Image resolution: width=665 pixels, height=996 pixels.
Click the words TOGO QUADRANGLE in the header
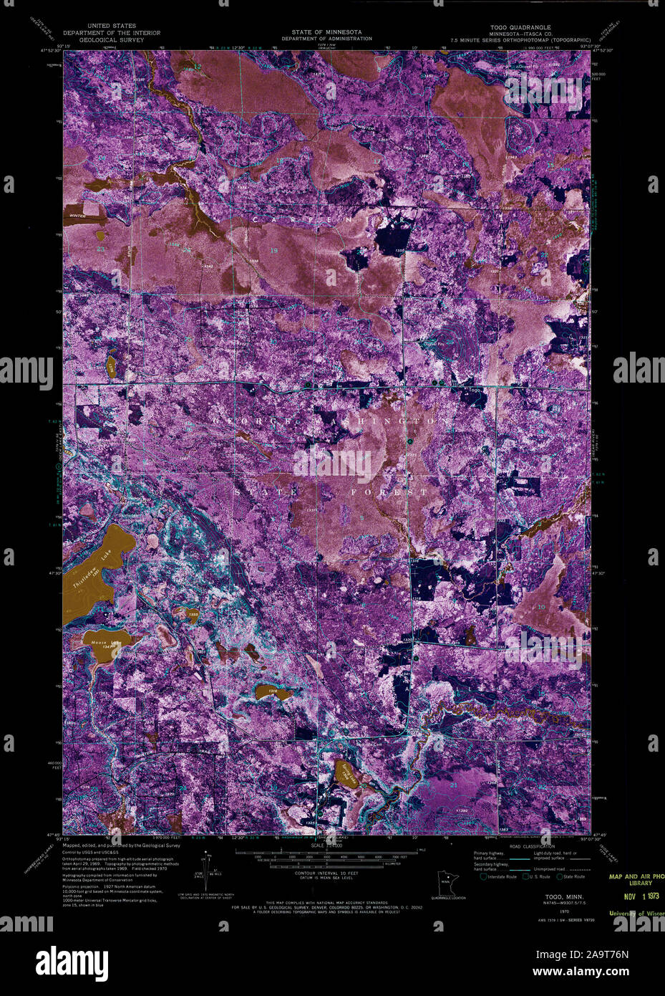click(521, 27)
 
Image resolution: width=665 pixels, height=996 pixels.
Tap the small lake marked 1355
click(192, 615)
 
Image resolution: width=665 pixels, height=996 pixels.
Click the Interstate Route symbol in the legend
click(484, 876)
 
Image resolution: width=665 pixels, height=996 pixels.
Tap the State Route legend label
click(575, 876)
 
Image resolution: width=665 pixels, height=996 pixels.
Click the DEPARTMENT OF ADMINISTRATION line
click(326, 39)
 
